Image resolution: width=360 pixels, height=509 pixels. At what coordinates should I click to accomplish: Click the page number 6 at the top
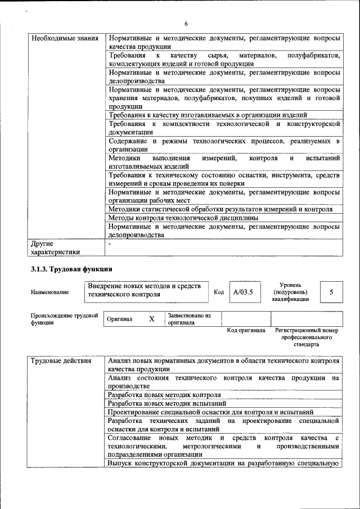tap(186, 23)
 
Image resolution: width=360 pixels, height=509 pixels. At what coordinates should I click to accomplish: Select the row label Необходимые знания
tap(65, 39)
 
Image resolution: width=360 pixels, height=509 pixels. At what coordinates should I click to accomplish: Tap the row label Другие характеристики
tap(55, 249)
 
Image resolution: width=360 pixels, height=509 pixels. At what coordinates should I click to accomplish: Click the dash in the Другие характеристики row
tap(110, 245)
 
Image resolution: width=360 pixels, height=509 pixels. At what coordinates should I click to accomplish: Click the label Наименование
tap(50, 292)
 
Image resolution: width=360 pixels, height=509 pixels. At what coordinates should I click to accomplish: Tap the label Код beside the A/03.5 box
tap(219, 292)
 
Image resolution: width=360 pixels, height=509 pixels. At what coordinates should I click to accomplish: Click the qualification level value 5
tap(331, 292)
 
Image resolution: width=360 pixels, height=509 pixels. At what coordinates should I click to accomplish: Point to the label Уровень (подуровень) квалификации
tap(290, 292)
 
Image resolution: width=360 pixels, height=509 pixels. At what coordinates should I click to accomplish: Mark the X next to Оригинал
tap(151, 319)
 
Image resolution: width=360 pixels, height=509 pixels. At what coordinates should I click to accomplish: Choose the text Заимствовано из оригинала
tap(189, 319)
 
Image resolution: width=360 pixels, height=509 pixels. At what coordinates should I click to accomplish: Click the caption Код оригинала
tap(246, 330)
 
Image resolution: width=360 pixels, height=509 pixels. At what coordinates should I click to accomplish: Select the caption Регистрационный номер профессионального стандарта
tap(307, 337)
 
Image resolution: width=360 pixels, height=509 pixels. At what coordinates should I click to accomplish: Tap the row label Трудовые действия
tap(61, 361)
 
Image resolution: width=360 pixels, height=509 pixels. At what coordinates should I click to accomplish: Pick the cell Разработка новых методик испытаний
tap(167, 403)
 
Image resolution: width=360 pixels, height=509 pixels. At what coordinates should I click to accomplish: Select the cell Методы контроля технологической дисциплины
tap(183, 217)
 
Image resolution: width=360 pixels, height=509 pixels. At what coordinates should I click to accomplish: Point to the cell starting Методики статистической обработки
tap(220, 209)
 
